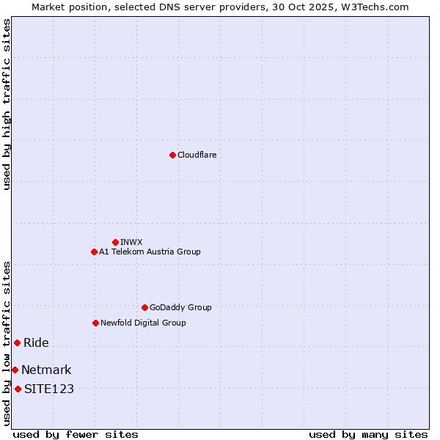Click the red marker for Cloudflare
(172, 155)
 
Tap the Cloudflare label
(197, 155)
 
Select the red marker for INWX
(115, 242)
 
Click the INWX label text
(131, 242)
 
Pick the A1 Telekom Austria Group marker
(94, 252)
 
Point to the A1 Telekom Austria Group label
(150, 252)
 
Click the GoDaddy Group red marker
(144, 307)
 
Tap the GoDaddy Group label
(180, 307)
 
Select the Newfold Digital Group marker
(95, 323)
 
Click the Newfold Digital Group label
(143, 323)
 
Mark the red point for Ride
(17, 342)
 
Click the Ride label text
(36, 342)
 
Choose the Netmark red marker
(15, 370)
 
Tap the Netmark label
(46, 370)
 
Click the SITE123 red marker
(18, 389)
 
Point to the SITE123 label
(49, 389)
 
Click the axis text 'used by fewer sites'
(76, 434)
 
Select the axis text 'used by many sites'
(368, 434)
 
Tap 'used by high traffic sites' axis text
(7, 104)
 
